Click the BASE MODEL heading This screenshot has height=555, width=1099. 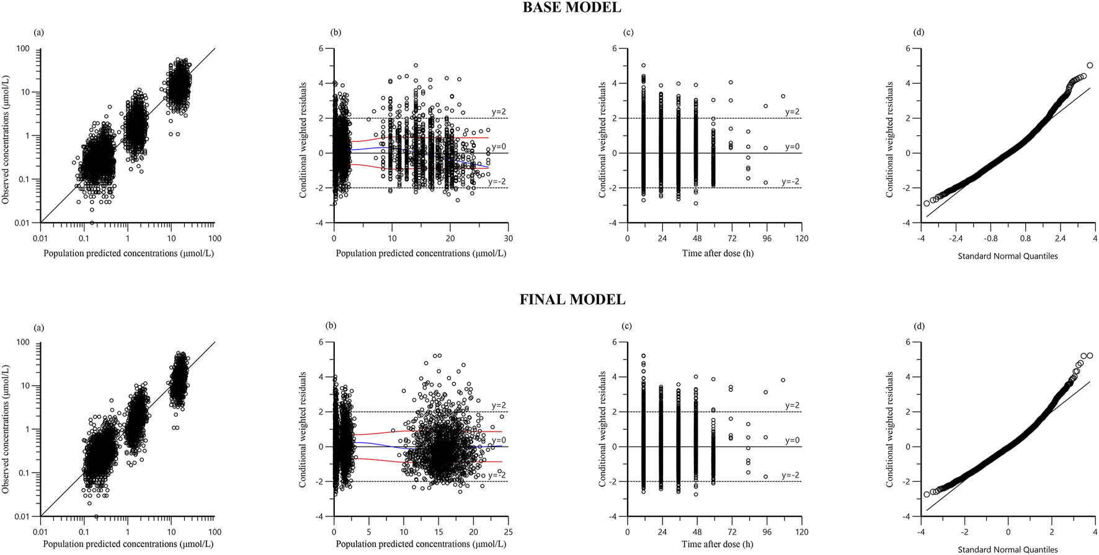click(x=571, y=8)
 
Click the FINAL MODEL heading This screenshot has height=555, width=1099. click(x=572, y=300)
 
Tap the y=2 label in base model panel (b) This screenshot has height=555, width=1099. click(x=499, y=112)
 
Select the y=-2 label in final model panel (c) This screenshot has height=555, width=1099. click(x=790, y=476)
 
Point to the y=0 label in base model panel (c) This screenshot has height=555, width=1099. click(x=792, y=147)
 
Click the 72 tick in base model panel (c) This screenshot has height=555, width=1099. click(x=732, y=239)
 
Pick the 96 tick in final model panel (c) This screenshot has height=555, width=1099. click(x=767, y=532)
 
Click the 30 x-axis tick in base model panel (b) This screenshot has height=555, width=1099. click(x=509, y=239)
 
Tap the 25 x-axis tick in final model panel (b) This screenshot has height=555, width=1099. click(x=508, y=532)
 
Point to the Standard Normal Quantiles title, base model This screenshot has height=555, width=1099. click(x=1007, y=256)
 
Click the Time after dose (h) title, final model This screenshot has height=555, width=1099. click(x=718, y=544)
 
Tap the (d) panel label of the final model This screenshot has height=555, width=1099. click(x=919, y=326)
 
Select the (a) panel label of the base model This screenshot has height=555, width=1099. click(x=38, y=32)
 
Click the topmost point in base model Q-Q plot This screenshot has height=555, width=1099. click(x=1090, y=65)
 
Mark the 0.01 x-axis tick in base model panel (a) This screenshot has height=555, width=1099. click(x=40, y=239)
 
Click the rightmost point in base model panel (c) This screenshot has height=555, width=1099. click(x=783, y=96)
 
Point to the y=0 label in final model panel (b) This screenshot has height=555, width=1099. click(x=499, y=440)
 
